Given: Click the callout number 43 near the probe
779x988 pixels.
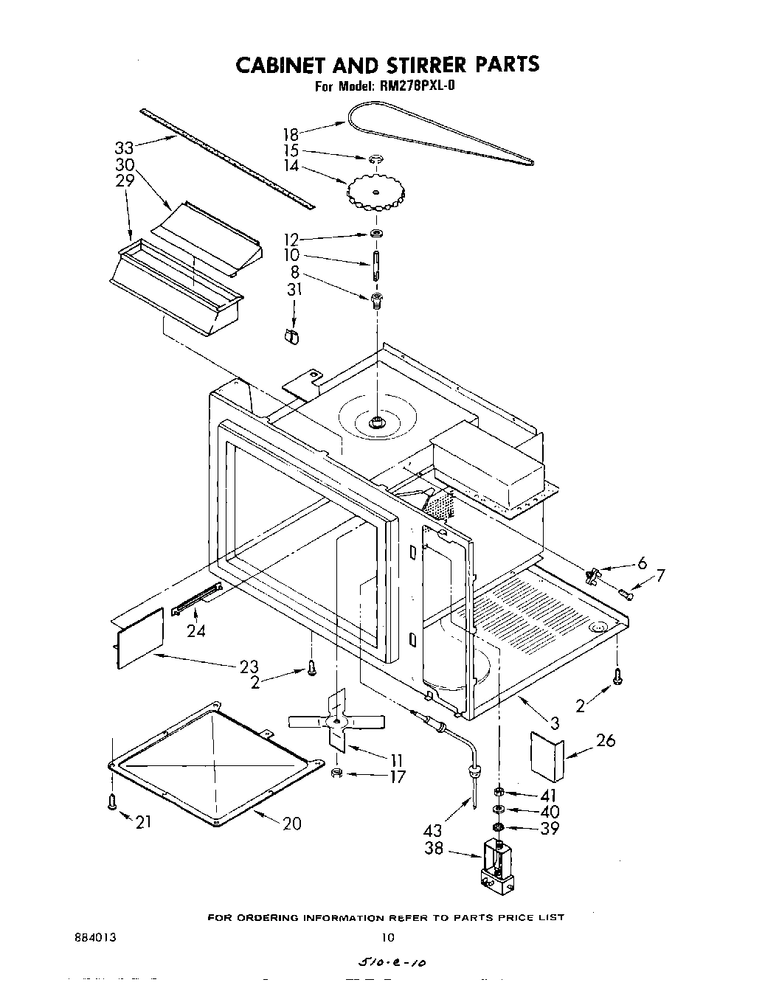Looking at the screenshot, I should coord(433,830).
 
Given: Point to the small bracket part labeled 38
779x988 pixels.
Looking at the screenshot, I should coord(499,863).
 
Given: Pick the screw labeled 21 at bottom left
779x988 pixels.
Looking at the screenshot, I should coord(112,801).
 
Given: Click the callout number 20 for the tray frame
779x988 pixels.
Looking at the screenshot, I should coord(292,824).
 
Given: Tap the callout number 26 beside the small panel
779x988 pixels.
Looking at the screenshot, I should coord(606,740).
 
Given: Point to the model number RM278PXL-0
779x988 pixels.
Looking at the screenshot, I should coord(421,86).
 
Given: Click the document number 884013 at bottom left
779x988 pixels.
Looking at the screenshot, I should coord(95,938).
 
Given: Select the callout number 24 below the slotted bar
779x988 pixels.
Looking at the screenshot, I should coord(195,630).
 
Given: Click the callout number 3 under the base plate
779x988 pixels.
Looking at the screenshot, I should coord(555,723).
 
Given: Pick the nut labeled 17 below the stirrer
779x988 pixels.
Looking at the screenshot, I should coord(336,773).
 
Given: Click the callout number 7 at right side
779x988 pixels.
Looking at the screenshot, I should coord(660,575).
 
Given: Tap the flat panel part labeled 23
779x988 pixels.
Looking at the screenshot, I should coord(140,638).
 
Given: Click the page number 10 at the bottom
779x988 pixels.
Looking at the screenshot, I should coord(388,938).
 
